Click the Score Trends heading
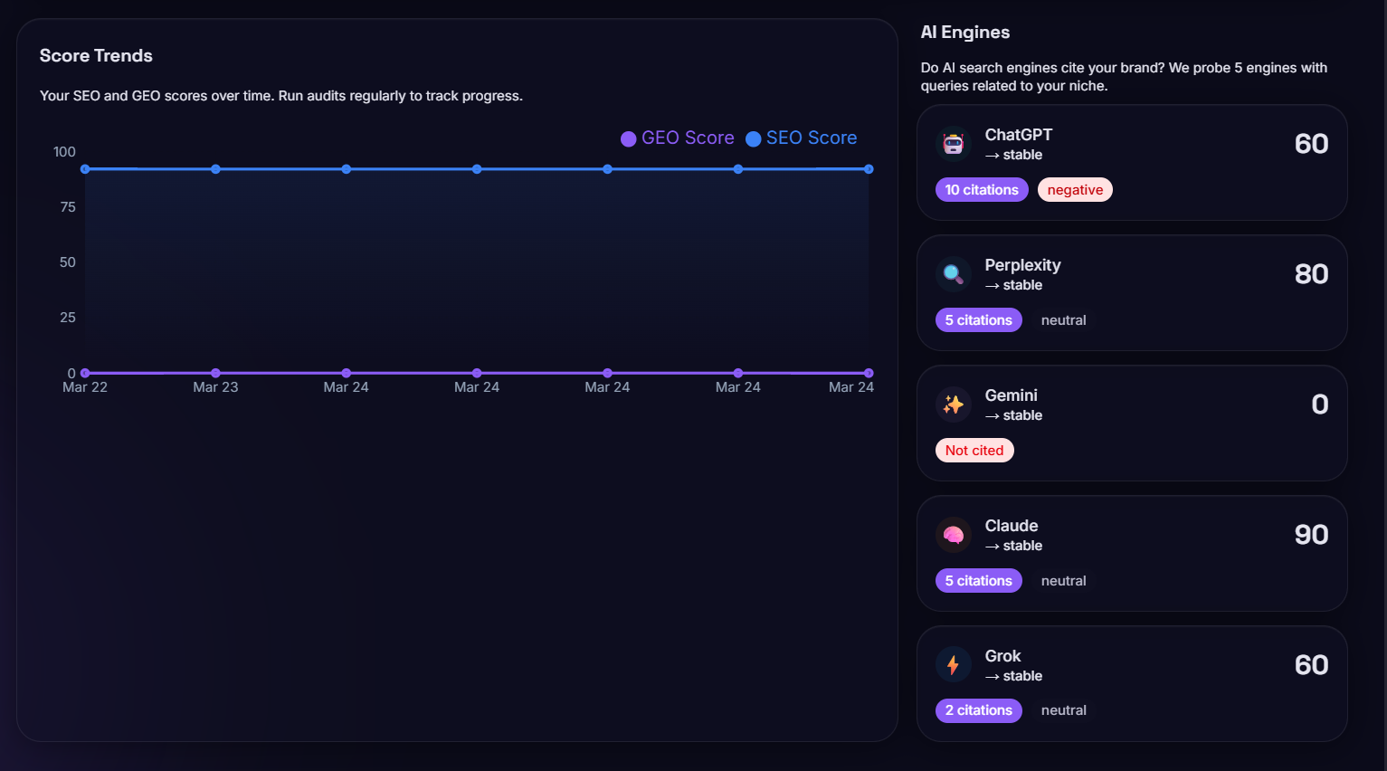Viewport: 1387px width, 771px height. [96, 56]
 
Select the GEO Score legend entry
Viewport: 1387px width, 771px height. [678, 138]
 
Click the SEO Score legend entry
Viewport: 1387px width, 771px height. [802, 138]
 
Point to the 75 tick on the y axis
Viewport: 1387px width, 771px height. [68, 207]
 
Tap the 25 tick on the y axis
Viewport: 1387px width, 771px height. [68, 318]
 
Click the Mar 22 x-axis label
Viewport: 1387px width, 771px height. [85, 387]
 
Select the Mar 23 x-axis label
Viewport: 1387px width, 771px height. [215, 387]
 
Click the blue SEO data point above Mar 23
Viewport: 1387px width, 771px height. [215, 169]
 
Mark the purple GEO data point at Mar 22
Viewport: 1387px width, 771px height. [85, 373]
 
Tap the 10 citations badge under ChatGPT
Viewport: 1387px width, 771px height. [982, 190]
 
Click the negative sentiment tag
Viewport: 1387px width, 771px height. [1075, 190]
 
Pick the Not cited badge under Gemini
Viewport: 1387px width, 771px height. [974, 451]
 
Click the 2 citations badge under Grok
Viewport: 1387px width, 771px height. [978, 710]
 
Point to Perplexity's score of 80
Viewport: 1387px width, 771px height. [1311, 274]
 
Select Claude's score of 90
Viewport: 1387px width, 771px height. [1311, 535]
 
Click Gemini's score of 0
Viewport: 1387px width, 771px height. [1320, 405]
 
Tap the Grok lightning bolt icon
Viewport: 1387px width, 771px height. [953, 665]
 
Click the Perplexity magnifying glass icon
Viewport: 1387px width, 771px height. [953, 274]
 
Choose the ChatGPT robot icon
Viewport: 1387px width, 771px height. [953, 144]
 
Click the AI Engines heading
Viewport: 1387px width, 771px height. [964, 33]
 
